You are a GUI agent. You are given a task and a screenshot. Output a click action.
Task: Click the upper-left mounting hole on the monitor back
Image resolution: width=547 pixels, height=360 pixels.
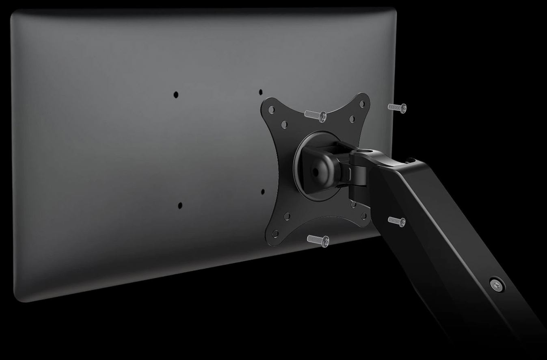pyautogui.click(x=176, y=95)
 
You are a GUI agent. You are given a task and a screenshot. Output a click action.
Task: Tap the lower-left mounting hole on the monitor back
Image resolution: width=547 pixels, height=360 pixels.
pyautogui.click(x=180, y=206)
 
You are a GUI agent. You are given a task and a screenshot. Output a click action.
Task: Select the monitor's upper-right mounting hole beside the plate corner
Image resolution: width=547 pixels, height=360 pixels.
pyautogui.click(x=261, y=92)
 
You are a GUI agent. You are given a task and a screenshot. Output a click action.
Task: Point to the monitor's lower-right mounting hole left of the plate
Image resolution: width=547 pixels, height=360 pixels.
pyautogui.click(x=263, y=192)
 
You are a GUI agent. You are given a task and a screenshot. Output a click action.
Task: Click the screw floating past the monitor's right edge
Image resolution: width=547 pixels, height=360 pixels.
pyautogui.click(x=397, y=108)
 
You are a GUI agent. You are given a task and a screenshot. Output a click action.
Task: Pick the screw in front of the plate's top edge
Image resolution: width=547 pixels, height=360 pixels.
pyautogui.click(x=316, y=115)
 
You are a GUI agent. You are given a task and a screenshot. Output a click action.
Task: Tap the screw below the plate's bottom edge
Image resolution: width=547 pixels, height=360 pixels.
pyautogui.click(x=318, y=240)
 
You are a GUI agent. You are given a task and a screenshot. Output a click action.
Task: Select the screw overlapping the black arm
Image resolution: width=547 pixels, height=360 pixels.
pyautogui.click(x=397, y=221)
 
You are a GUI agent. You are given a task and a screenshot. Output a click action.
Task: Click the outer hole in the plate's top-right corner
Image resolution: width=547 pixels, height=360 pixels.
pyautogui.click(x=362, y=103)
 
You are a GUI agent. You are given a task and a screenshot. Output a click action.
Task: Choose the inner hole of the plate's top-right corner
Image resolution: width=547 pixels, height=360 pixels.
pyautogui.click(x=352, y=119)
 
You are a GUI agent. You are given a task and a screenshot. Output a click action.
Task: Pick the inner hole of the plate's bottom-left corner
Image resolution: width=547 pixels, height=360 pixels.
pyautogui.click(x=287, y=216)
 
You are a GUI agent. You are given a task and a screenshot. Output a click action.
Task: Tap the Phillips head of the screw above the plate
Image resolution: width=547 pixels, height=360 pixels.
pyautogui.click(x=322, y=117)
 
